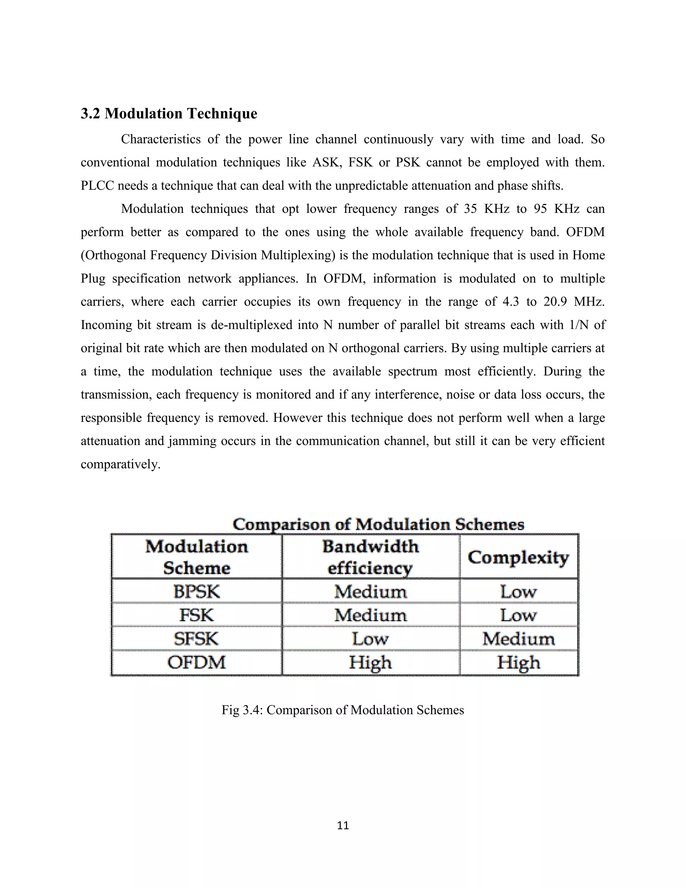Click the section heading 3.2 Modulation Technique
169,114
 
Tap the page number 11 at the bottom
343,825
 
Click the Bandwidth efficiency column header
370,557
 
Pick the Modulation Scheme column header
197,557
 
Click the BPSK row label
197,591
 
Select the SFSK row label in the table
196,639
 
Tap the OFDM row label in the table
196,662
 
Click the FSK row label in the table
196,615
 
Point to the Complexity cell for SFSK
518,639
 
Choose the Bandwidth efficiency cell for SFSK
370,639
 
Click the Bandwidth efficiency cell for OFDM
370,663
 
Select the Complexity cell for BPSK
518,591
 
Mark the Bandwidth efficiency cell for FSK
370,615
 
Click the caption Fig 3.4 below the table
343,710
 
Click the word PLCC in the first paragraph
97,186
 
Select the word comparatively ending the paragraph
120,464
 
